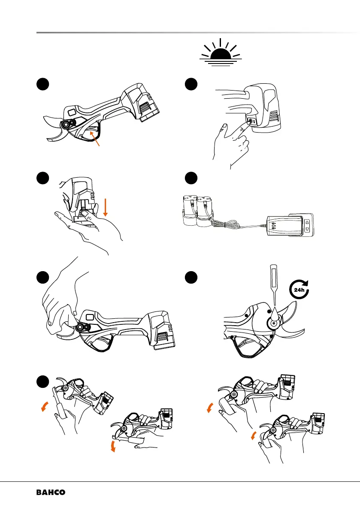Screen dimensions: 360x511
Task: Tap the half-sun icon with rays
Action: [221, 54]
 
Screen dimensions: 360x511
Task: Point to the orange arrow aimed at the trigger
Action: [95, 139]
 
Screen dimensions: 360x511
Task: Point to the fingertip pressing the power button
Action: [224, 127]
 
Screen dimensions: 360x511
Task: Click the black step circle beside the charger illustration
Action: [190, 178]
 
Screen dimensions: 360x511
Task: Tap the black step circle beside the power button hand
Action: [190, 85]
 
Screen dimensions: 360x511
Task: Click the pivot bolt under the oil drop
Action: [272, 324]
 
